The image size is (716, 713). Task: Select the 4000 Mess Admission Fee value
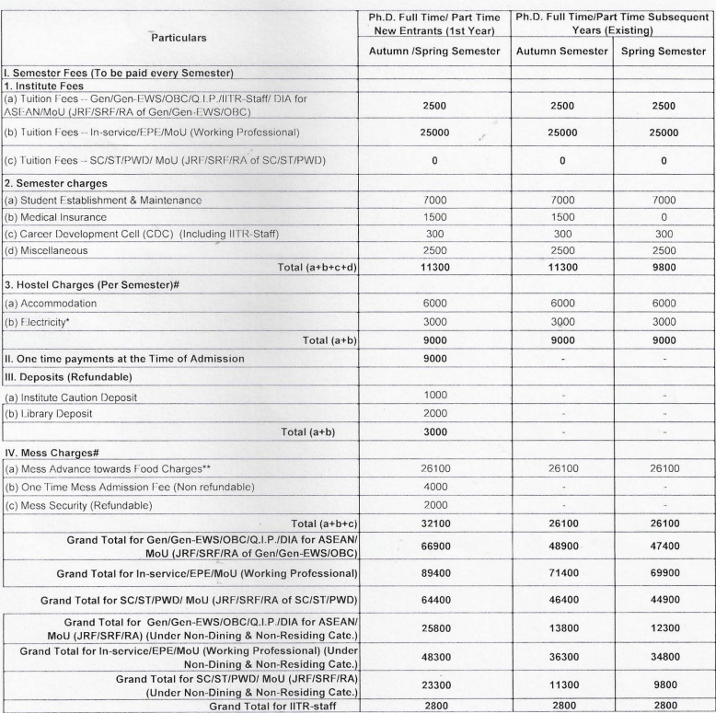point(433,468)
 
